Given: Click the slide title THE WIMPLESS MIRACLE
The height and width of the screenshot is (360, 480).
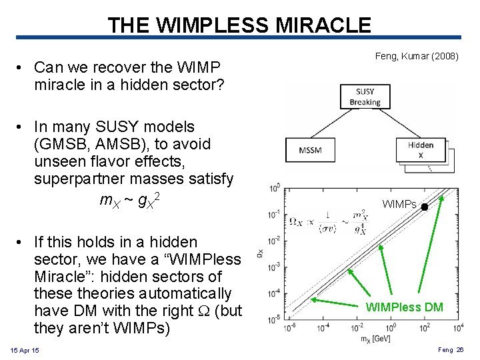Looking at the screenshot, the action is click(239, 25).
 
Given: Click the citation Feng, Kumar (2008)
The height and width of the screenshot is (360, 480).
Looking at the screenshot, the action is click(417, 57).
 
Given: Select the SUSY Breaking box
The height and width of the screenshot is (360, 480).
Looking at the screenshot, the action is click(365, 97).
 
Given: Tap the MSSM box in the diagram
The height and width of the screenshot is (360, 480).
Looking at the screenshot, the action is click(311, 149).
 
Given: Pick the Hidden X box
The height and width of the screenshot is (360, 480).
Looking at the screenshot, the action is click(420, 149).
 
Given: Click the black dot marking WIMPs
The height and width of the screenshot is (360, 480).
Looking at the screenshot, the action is click(425, 207).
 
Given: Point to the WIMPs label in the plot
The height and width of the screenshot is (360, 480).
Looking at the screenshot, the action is click(399, 205).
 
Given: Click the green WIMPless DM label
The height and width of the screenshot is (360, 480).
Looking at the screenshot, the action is click(404, 307).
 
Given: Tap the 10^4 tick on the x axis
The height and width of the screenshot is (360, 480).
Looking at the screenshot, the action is click(458, 328).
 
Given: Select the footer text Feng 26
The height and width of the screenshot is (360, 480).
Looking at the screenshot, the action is click(451, 350).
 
